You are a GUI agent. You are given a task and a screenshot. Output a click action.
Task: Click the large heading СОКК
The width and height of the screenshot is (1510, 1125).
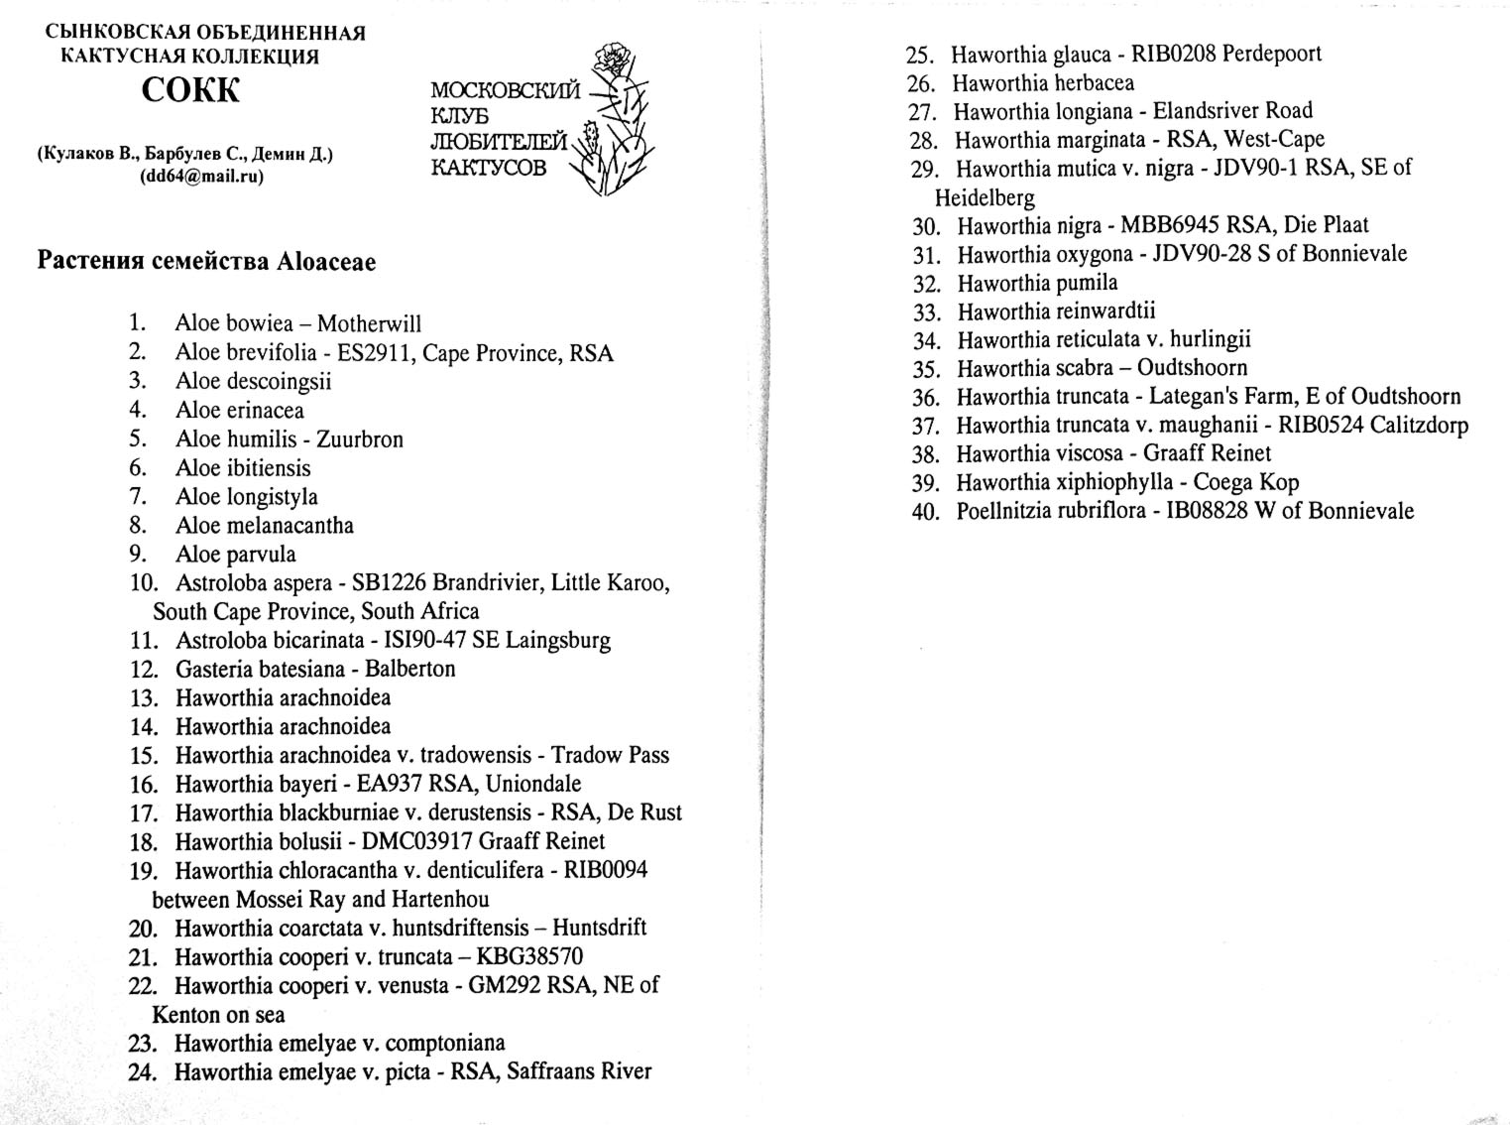tap(191, 91)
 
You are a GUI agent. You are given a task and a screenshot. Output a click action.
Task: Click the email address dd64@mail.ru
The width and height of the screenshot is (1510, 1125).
tap(202, 177)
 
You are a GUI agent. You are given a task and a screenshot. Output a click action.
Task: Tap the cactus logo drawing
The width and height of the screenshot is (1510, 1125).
tap(616, 120)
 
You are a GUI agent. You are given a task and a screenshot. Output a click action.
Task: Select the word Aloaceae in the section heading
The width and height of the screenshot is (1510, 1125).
tap(326, 262)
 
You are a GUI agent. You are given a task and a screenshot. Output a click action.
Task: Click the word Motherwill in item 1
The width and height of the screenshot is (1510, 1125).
tap(369, 324)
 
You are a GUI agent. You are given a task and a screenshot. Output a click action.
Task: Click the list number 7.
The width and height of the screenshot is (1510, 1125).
tap(138, 496)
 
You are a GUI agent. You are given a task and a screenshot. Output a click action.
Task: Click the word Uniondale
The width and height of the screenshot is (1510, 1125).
tap(533, 784)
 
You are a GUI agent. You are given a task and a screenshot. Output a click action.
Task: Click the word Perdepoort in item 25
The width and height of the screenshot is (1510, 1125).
tap(1272, 54)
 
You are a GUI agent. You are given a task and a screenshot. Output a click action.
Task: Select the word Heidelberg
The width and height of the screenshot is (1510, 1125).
tap(985, 197)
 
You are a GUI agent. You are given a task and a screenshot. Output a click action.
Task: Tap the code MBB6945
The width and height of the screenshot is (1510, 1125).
tap(1170, 225)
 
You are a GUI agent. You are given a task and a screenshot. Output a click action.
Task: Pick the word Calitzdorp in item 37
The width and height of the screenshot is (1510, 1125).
tap(1419, 426)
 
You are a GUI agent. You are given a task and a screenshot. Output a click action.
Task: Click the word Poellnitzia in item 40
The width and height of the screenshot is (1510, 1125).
tap(1001, 512)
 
